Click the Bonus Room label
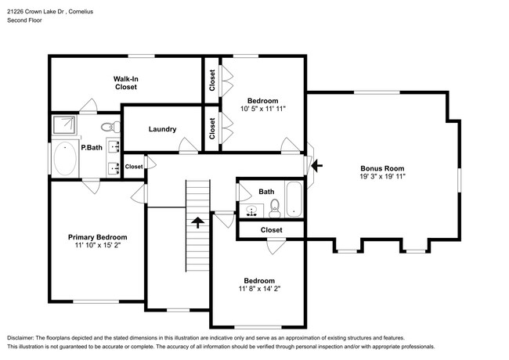click(x=381, y=168)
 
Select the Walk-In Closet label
click(x=125, y=83)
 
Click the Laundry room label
click(x=162, y=129)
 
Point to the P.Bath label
click(x=92, y=147)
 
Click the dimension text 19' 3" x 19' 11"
click(x=381, y=178)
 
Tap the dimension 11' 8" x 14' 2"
click(x=258, y=290)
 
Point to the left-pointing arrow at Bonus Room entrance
click(x=316, y=165)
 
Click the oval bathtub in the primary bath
click(x=65, y=160)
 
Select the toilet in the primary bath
click(x=109, y=125)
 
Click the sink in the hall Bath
click(x=251, y=209)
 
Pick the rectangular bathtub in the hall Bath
click(x=294, y=199)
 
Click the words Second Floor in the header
click(x=24, y=20)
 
